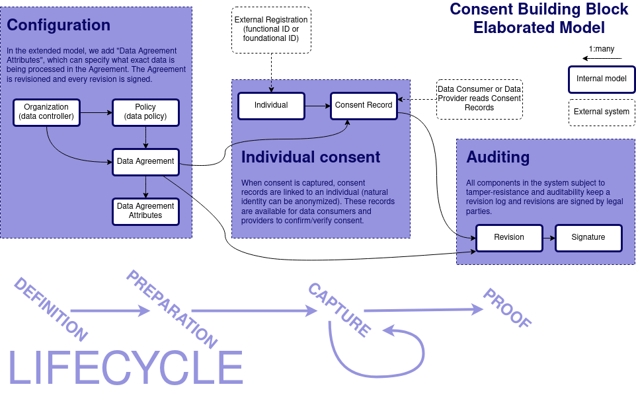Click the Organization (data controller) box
(x=46, y=112)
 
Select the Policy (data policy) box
(x=145, y=112)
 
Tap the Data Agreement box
(x=145, y=161)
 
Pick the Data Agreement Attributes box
(x=145, y=211)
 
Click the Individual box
(x=271, y=106)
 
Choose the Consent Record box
(x=364, y=106)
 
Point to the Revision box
(x=509, y=238)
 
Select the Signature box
(x=588, y=238)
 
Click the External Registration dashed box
(x=271, y=30)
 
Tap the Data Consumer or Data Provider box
(x=479, y=98)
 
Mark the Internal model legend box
(x=602, y=79)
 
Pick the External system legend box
(x=602, y=112)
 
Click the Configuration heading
(x=59, y=26)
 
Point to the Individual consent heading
(x=311, y=157)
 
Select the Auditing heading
(x=498, y=157)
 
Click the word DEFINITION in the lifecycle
(x=50, y=309)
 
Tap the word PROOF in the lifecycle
(x=507, y=308)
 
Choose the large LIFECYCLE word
(x=126, y=369)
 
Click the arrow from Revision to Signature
(x=548, y=238)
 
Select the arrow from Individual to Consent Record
(x=317, y=106)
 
